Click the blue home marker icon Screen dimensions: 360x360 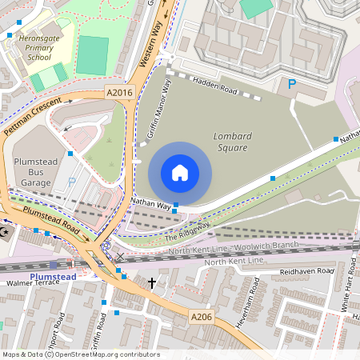180,173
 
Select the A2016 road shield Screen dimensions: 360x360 119,94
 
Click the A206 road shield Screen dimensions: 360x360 202,318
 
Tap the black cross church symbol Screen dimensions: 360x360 151,283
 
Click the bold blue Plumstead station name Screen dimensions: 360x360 53,277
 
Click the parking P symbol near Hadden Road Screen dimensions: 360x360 292,84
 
